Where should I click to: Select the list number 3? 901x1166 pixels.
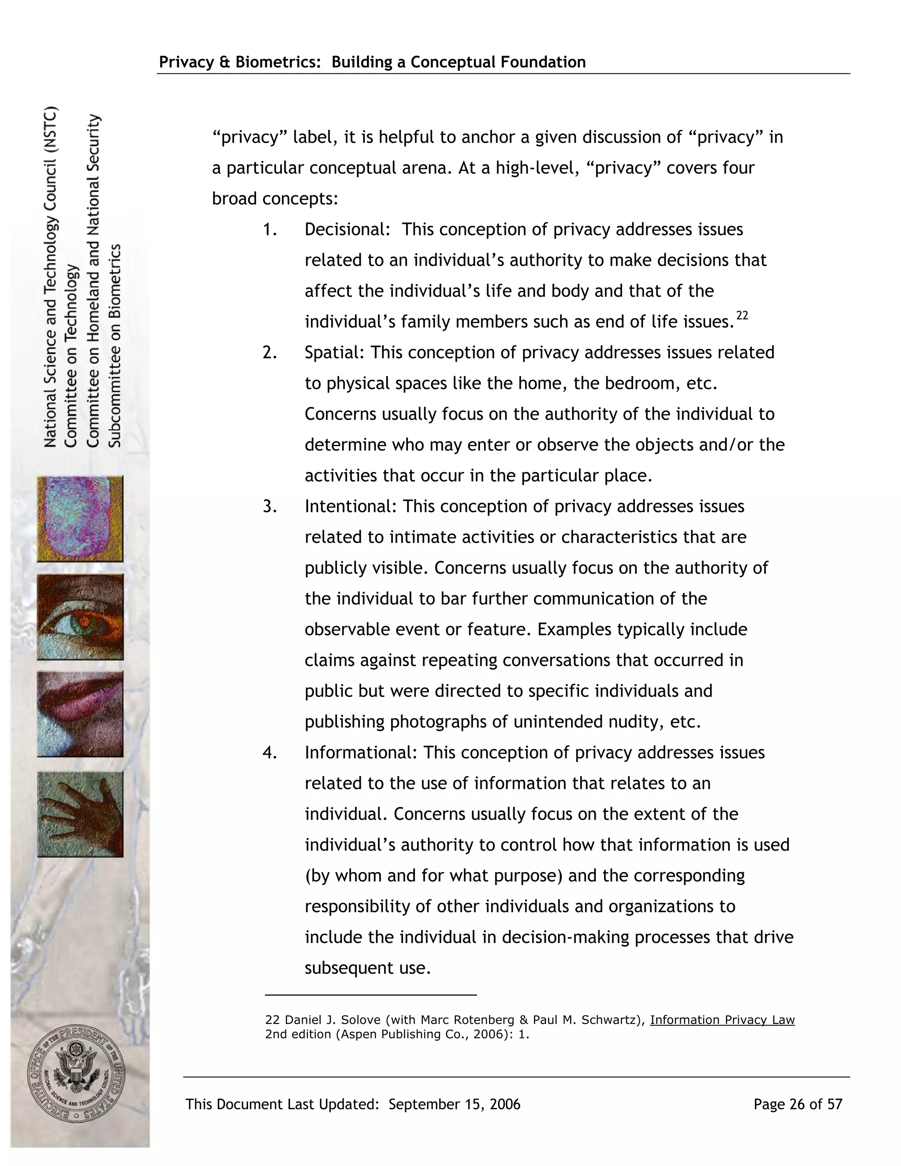coord(270,506)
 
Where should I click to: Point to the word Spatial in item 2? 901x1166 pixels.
coord(334,352)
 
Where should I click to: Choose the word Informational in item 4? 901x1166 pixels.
coord(361,753)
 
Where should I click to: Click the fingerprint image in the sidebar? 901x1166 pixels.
coord(80,518)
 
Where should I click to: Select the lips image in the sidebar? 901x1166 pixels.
coord(80,714)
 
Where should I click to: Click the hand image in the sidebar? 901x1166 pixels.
coord(80,814)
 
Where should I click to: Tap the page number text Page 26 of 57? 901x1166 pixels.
coord(798,1104)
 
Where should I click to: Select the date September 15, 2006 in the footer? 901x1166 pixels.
coord(454,1104)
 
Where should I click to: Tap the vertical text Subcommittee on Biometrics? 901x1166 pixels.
coord(115,345)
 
